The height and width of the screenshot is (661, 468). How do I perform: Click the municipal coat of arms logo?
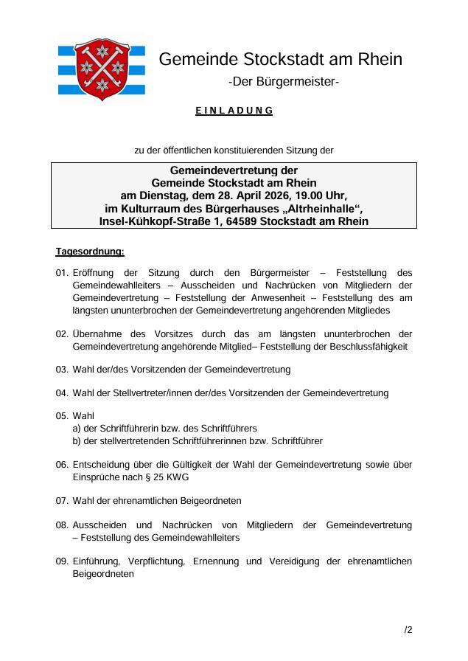(x=101, y=69)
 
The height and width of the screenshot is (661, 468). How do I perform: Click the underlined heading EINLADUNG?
(x=234, y=111)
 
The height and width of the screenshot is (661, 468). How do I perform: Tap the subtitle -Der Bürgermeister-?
(x=284, y=81)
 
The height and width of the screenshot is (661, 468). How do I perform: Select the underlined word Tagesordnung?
(x=90, y=252)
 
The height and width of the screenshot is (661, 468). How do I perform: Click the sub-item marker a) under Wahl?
(x=77, y=429)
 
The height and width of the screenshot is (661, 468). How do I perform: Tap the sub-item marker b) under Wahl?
(x=77, y=441)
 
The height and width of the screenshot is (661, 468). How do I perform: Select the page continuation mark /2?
(x=408, y=630)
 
